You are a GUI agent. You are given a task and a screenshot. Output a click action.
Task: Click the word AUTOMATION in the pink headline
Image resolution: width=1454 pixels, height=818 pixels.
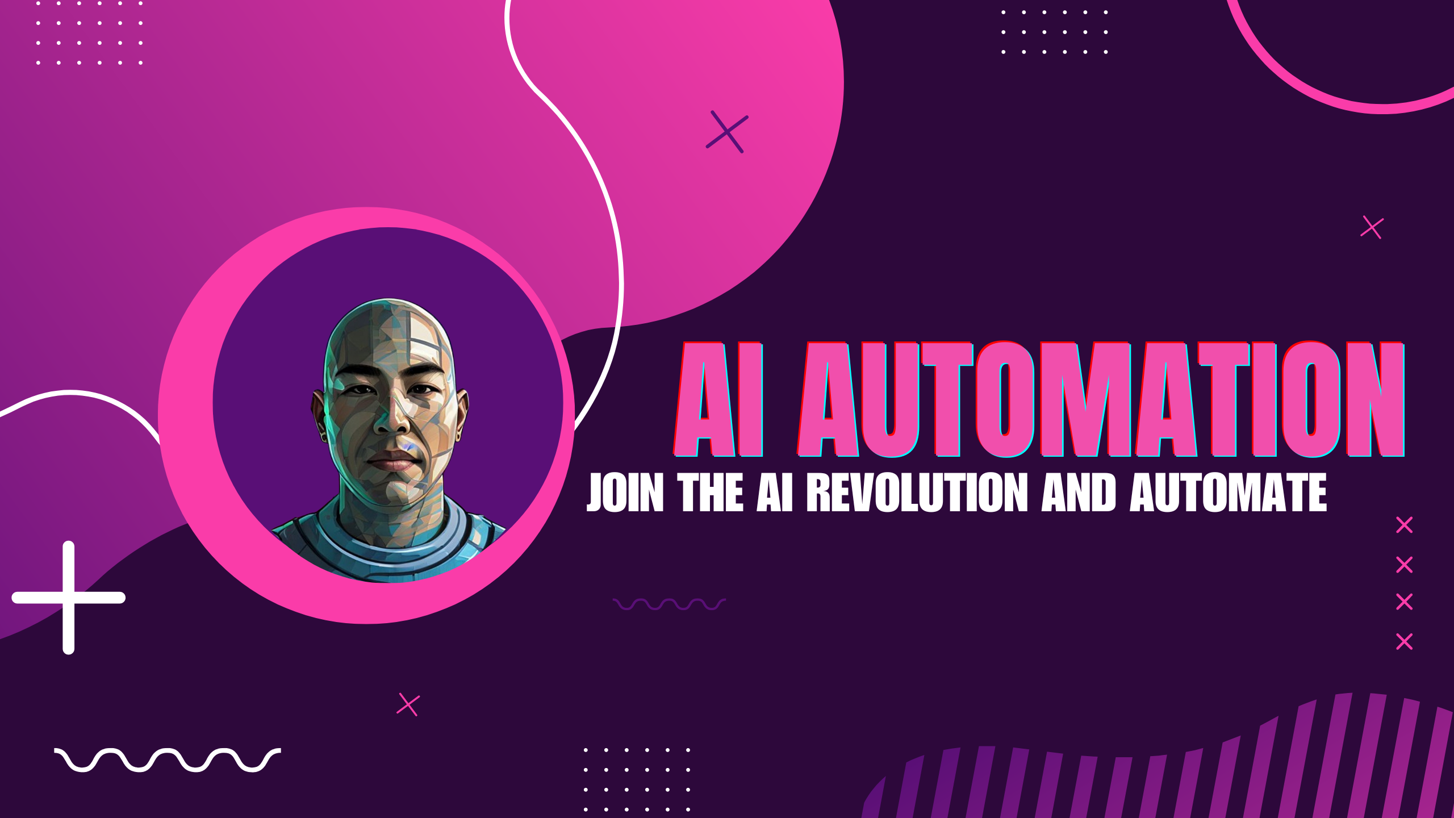1101,399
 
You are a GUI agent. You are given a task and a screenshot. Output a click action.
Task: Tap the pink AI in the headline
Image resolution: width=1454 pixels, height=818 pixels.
719,399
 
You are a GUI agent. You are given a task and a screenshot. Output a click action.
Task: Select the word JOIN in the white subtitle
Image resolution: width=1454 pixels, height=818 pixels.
625,493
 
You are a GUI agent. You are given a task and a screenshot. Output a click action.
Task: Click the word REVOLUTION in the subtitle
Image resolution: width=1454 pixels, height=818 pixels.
917,493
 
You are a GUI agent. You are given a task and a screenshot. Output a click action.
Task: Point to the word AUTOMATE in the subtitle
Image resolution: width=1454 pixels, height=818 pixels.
1229,493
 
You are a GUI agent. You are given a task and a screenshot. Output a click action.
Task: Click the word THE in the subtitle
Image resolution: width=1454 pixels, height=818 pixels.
710,493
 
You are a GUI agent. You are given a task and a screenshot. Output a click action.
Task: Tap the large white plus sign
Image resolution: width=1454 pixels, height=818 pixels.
69,598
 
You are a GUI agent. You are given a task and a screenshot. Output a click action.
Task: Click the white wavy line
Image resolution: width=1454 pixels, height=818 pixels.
168,760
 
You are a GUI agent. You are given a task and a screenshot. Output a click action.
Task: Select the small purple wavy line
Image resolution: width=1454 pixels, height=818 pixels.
670,604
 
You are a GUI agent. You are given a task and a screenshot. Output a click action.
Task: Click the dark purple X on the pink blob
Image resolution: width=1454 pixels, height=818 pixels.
727,132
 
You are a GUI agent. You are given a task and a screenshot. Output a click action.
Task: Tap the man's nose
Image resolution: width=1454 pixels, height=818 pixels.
393,418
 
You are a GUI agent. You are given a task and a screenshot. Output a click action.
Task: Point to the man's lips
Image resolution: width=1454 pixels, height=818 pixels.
393,461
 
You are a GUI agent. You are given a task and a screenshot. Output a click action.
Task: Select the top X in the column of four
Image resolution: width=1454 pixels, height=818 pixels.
1405,525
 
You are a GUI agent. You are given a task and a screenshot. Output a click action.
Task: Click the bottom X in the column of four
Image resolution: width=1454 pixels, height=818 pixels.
1405,642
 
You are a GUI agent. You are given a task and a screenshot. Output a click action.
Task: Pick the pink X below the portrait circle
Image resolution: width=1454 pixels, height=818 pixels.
408,705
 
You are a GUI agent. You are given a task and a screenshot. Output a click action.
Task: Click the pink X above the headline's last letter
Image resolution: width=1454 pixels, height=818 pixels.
1372,228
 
